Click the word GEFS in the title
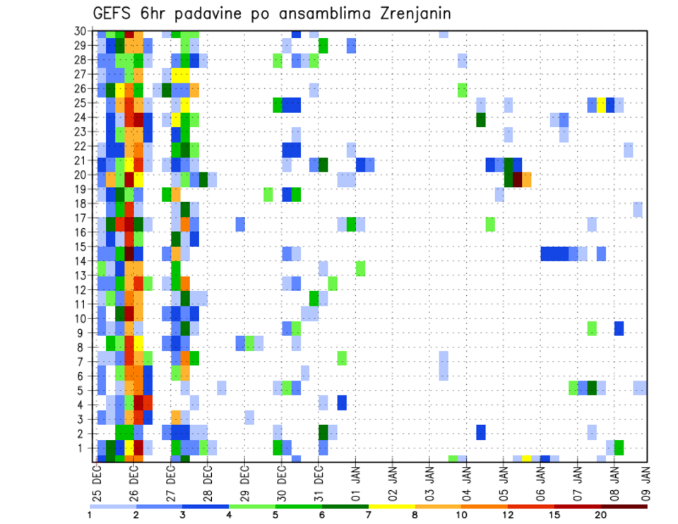114,14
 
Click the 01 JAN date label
355,480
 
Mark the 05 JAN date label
503,480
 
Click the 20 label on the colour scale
601,514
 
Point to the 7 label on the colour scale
369,514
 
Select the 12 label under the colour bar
508,514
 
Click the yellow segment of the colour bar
391,506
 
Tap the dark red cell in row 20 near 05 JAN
518,179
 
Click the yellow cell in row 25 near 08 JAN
601,105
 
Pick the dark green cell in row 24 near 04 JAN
481,119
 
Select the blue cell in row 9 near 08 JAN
619,328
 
